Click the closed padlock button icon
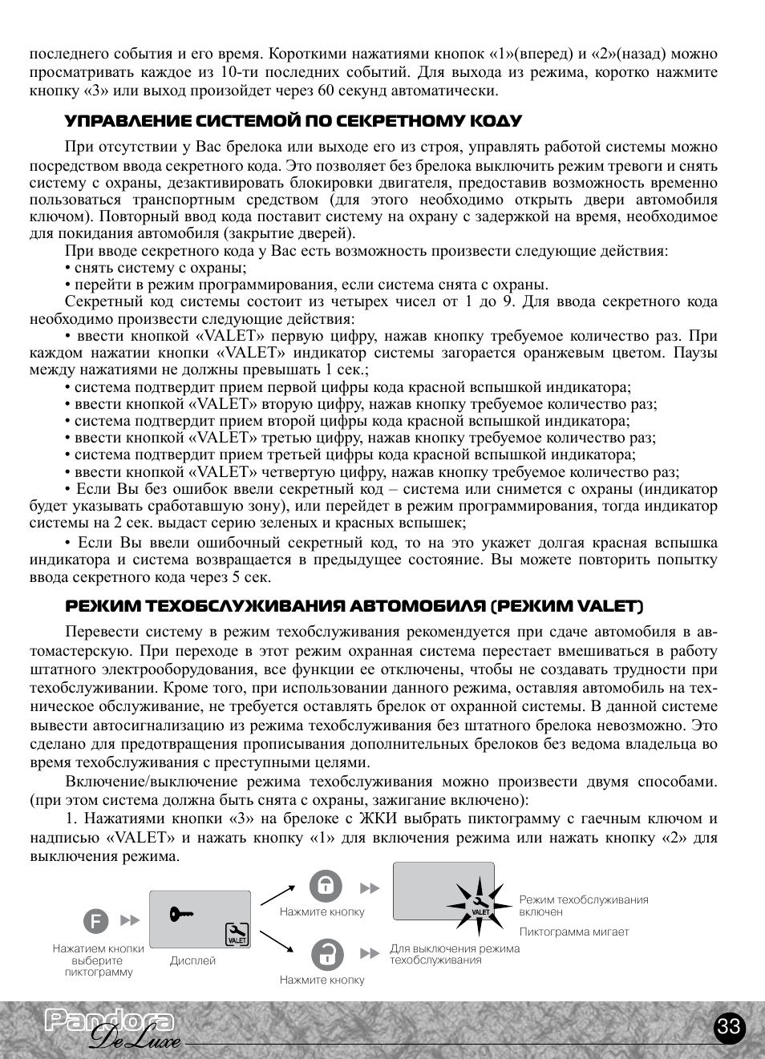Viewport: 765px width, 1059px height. tap(326, 887)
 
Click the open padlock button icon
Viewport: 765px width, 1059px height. tap(326, 955)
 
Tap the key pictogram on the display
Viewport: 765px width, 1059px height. tap(182, 913)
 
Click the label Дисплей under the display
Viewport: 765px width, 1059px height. tap(192, 960)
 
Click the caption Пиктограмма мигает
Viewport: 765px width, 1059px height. tap(574, 932)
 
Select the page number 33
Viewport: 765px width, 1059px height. tap(729, 1028)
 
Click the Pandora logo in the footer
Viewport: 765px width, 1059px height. tap(108, 1021)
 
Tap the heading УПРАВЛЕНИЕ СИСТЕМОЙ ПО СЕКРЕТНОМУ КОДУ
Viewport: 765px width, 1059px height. tap(293, 121)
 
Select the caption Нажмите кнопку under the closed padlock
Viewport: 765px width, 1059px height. tap(322, 911)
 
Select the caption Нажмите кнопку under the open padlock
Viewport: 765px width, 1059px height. tap(322, 980)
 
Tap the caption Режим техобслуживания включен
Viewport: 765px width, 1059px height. tap(583, 906)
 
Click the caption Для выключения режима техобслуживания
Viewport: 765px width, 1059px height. tap(454, 954)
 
